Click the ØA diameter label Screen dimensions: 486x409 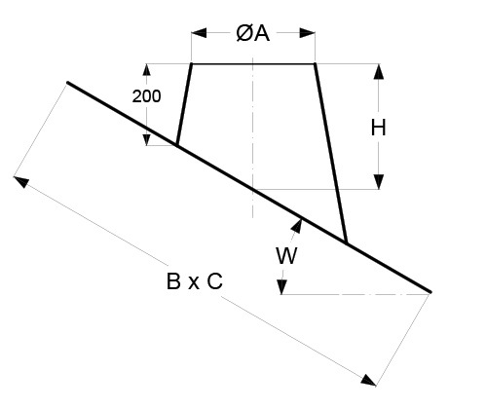253,33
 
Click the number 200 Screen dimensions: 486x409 146,96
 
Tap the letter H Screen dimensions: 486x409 379,128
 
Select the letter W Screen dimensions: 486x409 286,256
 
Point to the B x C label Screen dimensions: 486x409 195,281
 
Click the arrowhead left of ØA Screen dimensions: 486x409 199,33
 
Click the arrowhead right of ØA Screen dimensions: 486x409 307,33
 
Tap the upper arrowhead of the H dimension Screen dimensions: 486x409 379,72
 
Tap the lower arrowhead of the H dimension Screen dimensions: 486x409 379,182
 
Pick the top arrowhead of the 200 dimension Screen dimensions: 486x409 147,70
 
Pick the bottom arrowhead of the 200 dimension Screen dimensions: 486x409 147,139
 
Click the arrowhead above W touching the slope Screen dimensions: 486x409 297,226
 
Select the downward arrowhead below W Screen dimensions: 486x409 281,287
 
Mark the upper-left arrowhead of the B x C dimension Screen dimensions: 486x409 20,181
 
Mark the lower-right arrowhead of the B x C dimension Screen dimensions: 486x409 369,381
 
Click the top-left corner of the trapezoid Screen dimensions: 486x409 192,64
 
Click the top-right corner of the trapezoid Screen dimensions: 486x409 315,64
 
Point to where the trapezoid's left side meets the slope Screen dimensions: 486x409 177,145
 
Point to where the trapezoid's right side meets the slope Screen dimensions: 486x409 347,242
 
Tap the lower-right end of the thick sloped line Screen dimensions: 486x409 430,292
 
